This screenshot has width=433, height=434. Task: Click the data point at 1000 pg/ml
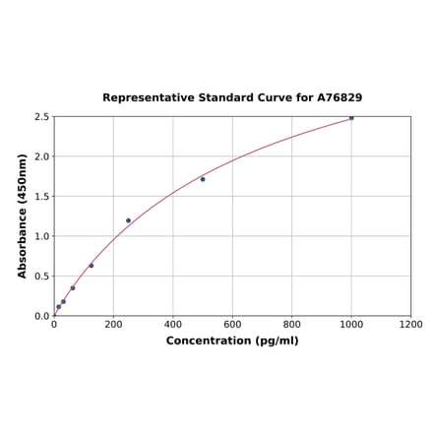pos(351,118)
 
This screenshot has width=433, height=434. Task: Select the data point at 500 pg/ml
pos(203,179)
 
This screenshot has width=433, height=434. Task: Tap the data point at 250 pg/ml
pos(128,220)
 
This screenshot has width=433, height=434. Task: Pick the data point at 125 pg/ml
pos(92,266)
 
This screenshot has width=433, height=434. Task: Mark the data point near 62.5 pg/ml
pos(73,288)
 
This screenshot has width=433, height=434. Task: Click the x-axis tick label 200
pos(113,324)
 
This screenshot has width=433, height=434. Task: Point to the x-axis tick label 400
pos(173,324)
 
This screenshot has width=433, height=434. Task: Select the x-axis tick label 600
pos(232,324)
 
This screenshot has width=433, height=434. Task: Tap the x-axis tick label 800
pos(292,324)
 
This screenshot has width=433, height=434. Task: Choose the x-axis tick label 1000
pos(351,324)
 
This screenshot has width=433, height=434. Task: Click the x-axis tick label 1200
pos(410,324)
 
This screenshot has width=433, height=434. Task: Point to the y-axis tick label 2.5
pos(42,117)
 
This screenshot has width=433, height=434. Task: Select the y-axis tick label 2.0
pos(42,156)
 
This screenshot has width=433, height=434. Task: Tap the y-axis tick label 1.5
pos(42,197)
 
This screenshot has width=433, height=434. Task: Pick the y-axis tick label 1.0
pos(42,236)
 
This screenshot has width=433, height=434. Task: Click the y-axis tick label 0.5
pos(42,277)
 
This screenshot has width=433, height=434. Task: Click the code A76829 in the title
pos(340,98)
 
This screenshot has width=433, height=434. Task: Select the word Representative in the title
pos(144,98)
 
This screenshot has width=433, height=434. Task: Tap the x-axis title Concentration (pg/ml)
pos(232,341)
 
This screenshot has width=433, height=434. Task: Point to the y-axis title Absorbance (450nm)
pos(22,216)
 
